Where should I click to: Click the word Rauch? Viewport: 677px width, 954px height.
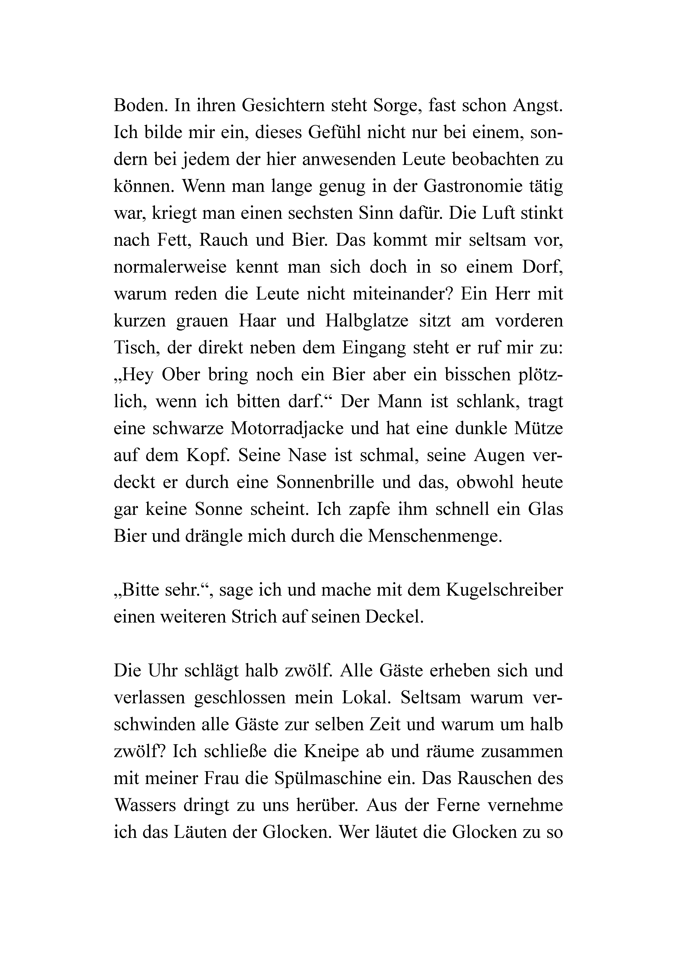pos(224,240)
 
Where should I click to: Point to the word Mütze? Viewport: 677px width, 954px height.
pos(536,428)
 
